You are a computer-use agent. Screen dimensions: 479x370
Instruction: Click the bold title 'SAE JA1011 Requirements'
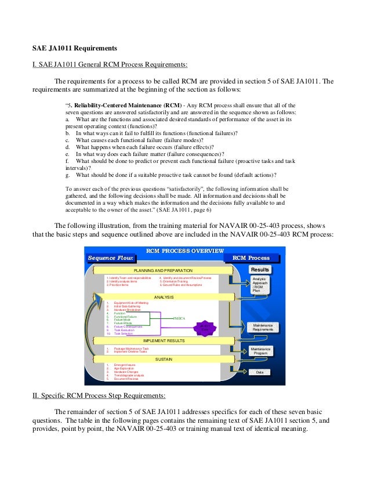[x=74, y=47]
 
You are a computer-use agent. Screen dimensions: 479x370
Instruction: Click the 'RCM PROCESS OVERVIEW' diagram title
[x=185, y=251]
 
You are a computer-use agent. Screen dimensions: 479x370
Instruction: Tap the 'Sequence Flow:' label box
[x=111, y=257]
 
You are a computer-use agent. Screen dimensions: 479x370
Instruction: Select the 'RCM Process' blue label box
[x=251, y=257]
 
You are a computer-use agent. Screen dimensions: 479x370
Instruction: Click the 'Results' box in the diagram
[x=260, y=270]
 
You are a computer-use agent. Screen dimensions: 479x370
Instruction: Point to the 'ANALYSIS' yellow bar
[x=164, y=297]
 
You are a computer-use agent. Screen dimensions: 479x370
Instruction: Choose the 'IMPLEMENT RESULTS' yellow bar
[x=164, y=340]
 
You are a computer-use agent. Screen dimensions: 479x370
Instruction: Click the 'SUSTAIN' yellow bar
[x=164, y=359]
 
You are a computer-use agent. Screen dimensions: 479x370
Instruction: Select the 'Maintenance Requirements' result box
[x=259, y=327]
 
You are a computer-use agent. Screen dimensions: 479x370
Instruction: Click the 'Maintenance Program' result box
[x=260, y=350]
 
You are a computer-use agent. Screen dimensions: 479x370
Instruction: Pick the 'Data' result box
[x=259, y=372]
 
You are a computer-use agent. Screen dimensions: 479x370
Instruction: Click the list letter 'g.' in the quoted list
[x=68, y=175]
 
